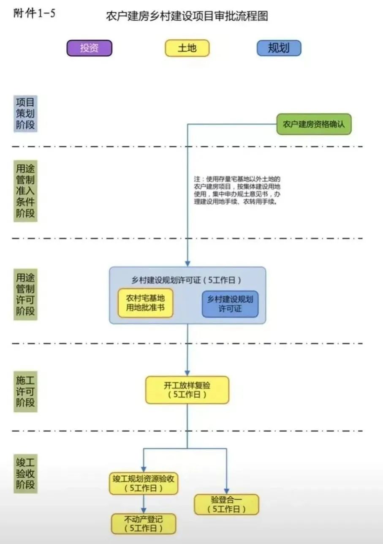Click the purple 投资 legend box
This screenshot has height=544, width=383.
pos(89,48)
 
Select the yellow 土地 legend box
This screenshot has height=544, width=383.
pos(187,48)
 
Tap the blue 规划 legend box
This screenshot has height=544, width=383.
pos(279,48)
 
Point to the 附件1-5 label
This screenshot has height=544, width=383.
pos(34,14)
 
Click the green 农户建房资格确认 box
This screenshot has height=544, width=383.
pos(314,124)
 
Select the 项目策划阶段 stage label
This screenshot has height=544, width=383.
pos(25,114)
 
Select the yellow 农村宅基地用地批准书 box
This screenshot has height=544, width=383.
pos(145,303)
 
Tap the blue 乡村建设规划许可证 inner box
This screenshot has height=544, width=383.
pos(230,304)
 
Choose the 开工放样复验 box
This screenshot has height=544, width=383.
pos(187,390)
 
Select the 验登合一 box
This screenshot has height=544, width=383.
pos(226,504)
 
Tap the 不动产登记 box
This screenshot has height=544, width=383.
pos(144,524)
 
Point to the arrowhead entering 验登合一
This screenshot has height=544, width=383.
pos(226,491)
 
